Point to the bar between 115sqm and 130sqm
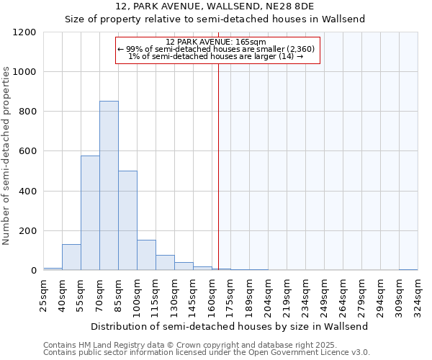[165, 263]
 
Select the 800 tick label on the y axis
[27, 112]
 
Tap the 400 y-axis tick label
[27, 192]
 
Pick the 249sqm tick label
[326, 294]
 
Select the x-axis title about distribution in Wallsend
[230, 326]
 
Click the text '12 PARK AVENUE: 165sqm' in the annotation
[215, 42]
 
